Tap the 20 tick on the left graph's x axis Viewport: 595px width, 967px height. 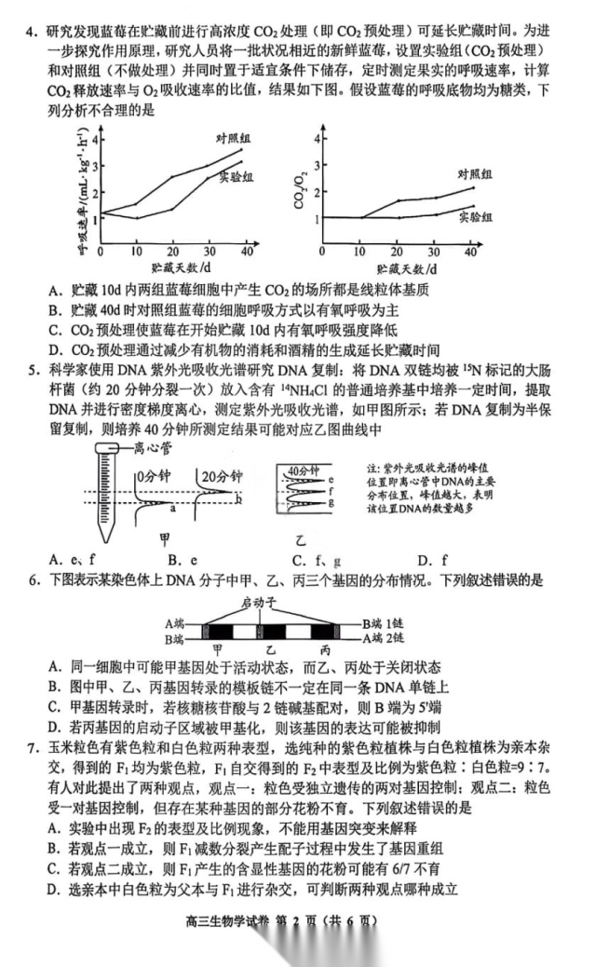173,252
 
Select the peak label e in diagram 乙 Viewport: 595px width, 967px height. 331,479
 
